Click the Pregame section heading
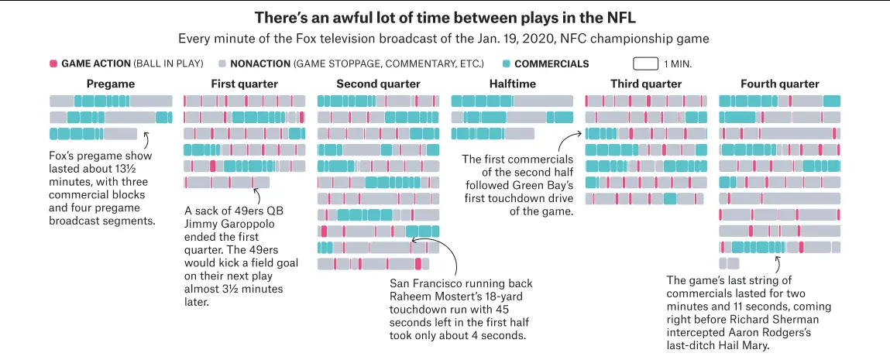click(x=111, y=84)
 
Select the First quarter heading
click(x=243, y=84)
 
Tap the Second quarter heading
click(x=378, y=84)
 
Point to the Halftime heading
click(x=511, y=84)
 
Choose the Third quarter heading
click(x=645, y=84)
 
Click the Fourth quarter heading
click(x=779, y=84)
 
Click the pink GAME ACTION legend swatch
click(x=53, y=63)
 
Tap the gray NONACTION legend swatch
click(x=222, y=63)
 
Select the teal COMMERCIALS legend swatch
click(x=506, y=63)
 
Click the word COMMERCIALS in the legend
click(x=552, y=63)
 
